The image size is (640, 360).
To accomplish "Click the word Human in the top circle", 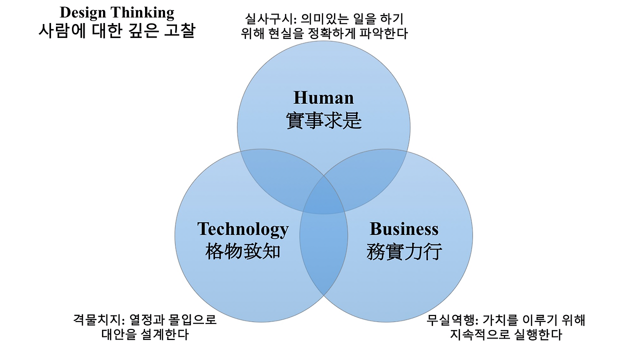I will (323, 97).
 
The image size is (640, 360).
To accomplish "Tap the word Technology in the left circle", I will (243, 229).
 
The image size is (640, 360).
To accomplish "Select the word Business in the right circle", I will (404, 229).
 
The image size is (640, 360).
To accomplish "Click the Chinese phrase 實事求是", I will (323, 120).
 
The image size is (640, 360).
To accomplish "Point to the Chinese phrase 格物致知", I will (243, 251).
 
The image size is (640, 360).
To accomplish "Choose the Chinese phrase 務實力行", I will (404, 251).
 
